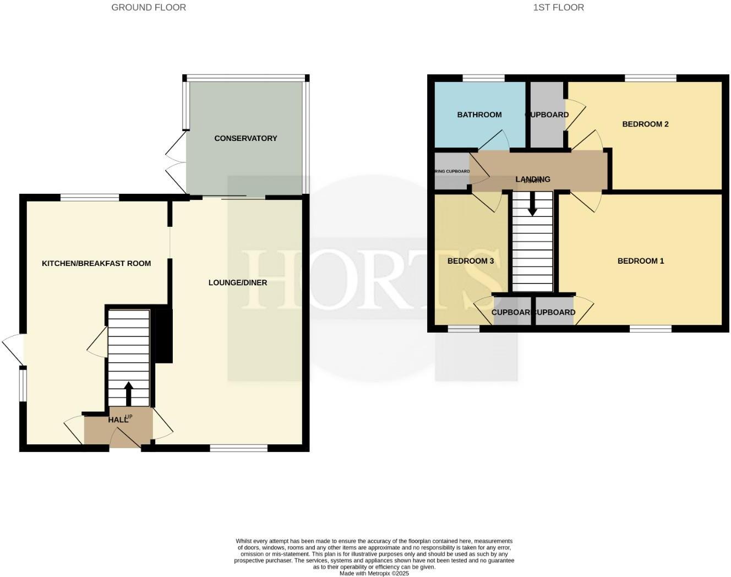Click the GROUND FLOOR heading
point(149,7)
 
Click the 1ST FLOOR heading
point(558,7)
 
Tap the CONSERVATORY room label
point(246,138)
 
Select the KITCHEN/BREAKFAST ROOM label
point(96,263)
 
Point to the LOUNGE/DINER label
point(238,282)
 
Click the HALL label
point(118,420)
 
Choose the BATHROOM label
point(479,115)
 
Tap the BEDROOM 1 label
point(641,261)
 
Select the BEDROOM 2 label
point(645,124)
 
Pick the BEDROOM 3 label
point(471,261)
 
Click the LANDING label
point(532,179)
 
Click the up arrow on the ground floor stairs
point(129,393)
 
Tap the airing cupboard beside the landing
point(451,171)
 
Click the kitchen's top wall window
point(90,197)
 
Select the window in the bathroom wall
point(483,78)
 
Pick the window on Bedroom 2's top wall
point(651,78)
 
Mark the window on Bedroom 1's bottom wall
point(651,329)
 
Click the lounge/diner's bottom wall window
point(238,448)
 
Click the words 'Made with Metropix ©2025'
point(374,573)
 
